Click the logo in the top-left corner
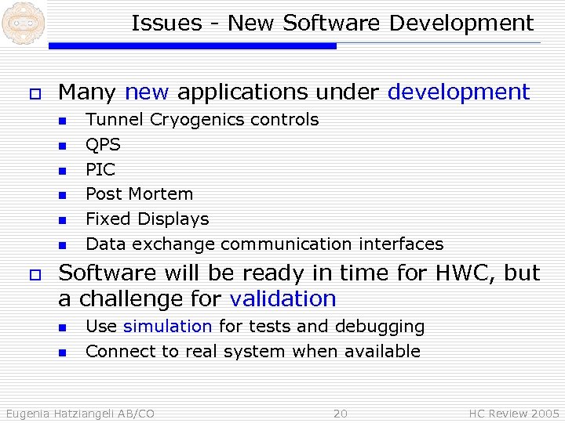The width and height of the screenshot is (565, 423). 22,23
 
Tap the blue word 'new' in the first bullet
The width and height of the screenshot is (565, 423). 147,92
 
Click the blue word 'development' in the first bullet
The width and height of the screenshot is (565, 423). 459,92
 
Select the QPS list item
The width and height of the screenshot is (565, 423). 103,145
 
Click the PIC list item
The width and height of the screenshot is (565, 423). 100,170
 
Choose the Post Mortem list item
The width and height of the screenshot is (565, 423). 139,194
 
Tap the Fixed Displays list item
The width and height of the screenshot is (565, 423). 147,219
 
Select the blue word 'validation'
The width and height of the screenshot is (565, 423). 282,299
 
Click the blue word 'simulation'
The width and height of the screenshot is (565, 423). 167,327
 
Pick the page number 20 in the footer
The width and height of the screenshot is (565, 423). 340,414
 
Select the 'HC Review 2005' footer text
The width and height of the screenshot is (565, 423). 514,414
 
